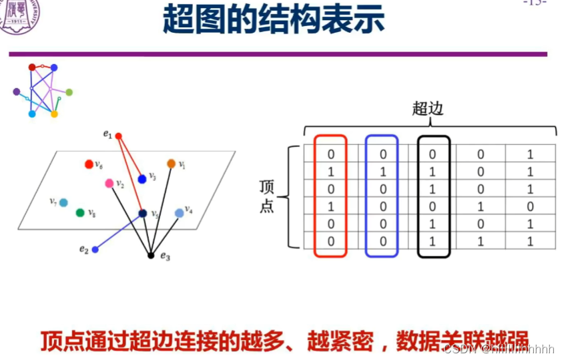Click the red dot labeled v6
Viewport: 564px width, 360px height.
tap(89, 164)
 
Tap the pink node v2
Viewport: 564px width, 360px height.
tap(109, 183)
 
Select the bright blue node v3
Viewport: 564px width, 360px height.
tap(142, 179)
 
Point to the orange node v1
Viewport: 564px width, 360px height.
tap(171, 164)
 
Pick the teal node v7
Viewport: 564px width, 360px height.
tap(63, 202)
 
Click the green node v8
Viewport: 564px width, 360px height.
tap(80, 213)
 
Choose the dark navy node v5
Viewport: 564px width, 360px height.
tap(143, 214)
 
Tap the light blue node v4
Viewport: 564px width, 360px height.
tap(179, 213)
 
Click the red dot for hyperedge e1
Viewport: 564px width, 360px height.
tap(119, 136)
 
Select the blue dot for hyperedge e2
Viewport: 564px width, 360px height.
tap(95, 250)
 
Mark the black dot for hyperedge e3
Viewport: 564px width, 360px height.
tap(151, 255)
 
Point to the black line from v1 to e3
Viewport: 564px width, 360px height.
tap(162, 207)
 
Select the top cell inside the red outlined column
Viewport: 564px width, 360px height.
tap(330, 154)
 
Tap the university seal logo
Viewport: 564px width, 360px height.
tap(18, 13)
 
